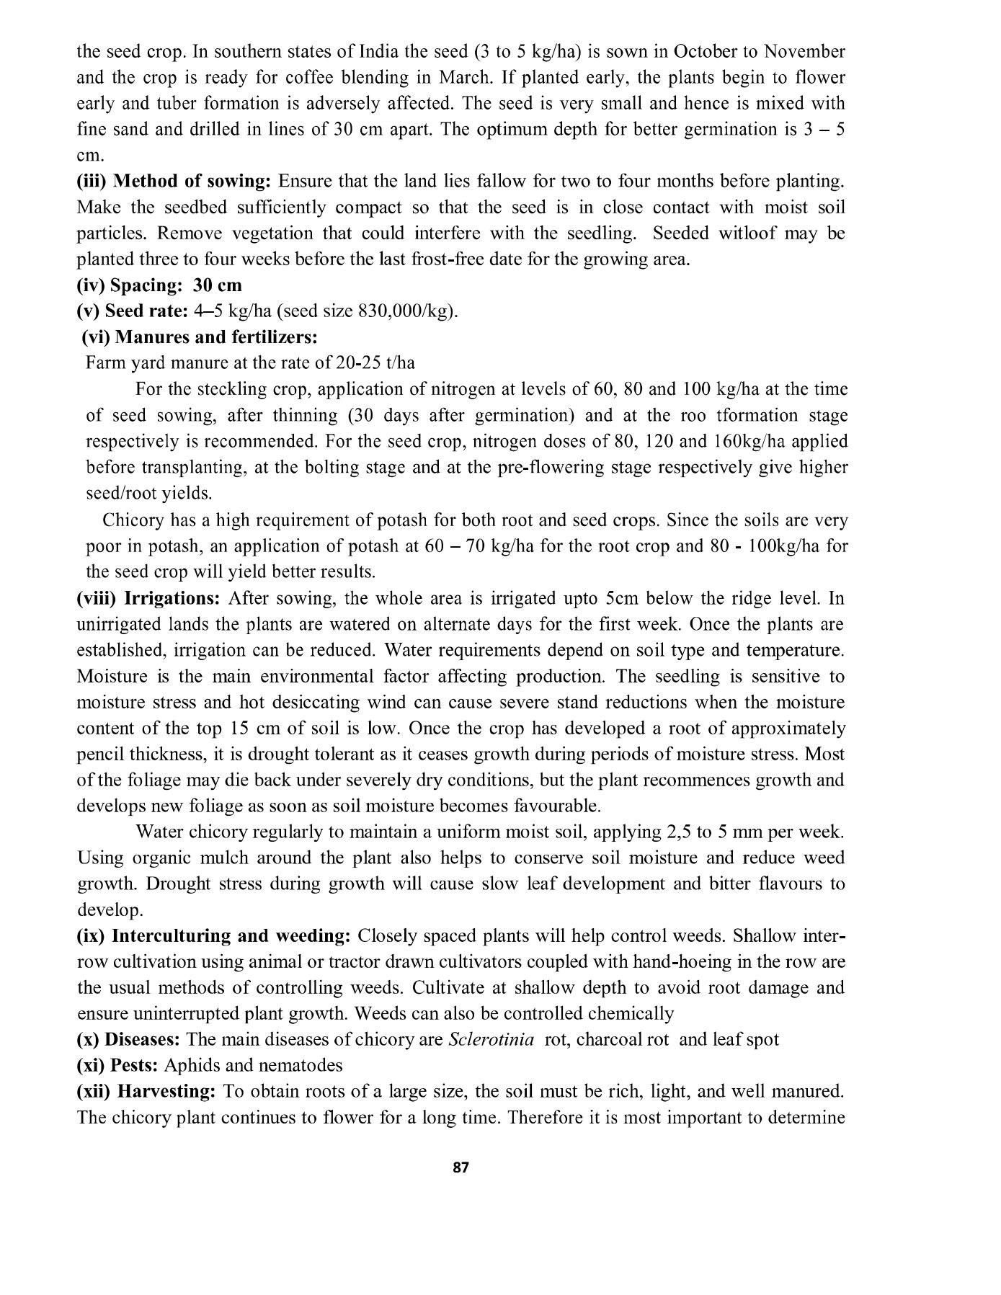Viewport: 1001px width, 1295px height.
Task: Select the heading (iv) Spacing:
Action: click(x=129, y=285)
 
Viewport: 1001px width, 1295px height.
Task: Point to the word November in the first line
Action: click(x=804, y=52)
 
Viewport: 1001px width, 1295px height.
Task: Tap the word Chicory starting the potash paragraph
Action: click(x=135, y=520)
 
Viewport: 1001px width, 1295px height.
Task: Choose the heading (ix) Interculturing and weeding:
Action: click(x=213, y=936)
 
